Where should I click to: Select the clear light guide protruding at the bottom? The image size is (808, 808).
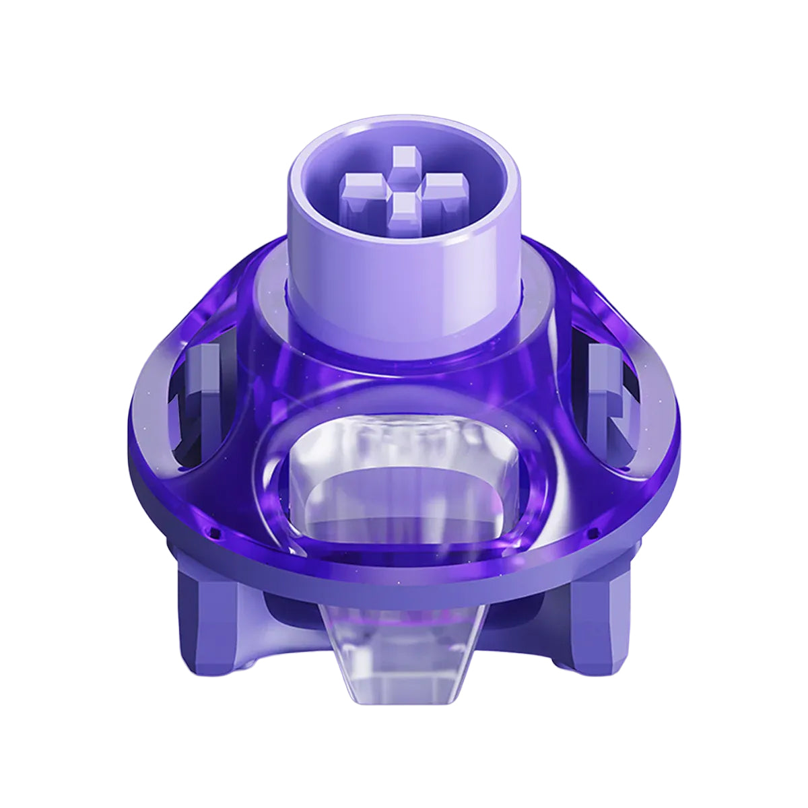[405, 646]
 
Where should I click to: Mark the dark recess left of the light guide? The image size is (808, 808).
[290, 616]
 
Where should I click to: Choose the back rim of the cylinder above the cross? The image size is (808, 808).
[404, 125]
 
